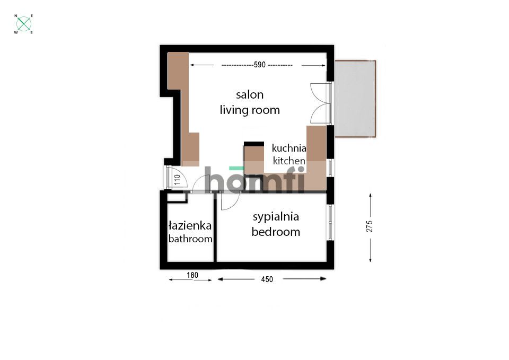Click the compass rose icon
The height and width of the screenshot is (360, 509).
pos(24,24)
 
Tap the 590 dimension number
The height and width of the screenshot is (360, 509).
pos(260,65)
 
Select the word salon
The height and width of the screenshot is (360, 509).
pos(250,95)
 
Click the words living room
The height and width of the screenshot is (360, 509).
pos(250,110)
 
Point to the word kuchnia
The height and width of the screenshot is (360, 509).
pos(289,148)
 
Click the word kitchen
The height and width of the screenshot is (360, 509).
pos(289,161)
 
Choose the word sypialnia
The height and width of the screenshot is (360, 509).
pos(276,217)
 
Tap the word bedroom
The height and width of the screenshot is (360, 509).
pos(276,232)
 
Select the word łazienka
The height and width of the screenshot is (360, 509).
pos(190,225)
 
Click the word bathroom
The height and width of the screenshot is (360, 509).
pos(190,239)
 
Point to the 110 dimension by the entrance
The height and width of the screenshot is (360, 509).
pos(177,180)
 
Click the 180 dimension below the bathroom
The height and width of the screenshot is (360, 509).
pos(192,275)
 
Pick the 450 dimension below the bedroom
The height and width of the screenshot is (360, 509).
pos(267,279)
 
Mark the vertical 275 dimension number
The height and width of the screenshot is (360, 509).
pos(370,226)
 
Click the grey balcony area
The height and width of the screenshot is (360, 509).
pos(355,99)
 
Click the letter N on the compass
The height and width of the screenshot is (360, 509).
pos(16,15)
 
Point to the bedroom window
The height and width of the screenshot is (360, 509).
pos(330,222)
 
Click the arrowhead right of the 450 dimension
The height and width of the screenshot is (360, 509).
pos(323,278)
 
